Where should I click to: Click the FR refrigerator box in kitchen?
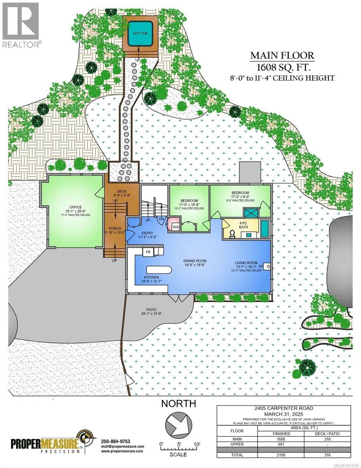(x=148, y=252)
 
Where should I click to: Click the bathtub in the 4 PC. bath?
(x=265, y=229)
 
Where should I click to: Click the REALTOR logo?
(x=20, y=25)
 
